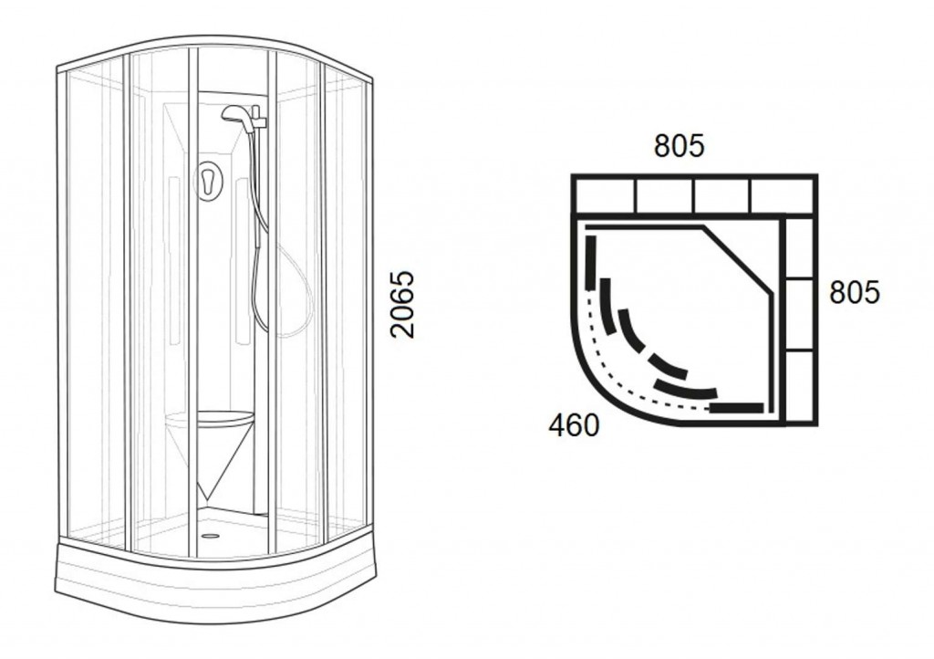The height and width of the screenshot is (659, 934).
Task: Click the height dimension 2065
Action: coord(402,305)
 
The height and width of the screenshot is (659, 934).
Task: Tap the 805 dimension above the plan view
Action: coord(679,145)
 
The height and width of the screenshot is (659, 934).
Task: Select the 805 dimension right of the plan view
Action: coord(854,293)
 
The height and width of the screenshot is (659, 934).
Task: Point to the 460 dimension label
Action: coord(574,424)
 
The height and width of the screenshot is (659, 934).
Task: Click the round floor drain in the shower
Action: coord(209,535)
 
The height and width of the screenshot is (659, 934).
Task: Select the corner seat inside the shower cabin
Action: coord(210,422)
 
